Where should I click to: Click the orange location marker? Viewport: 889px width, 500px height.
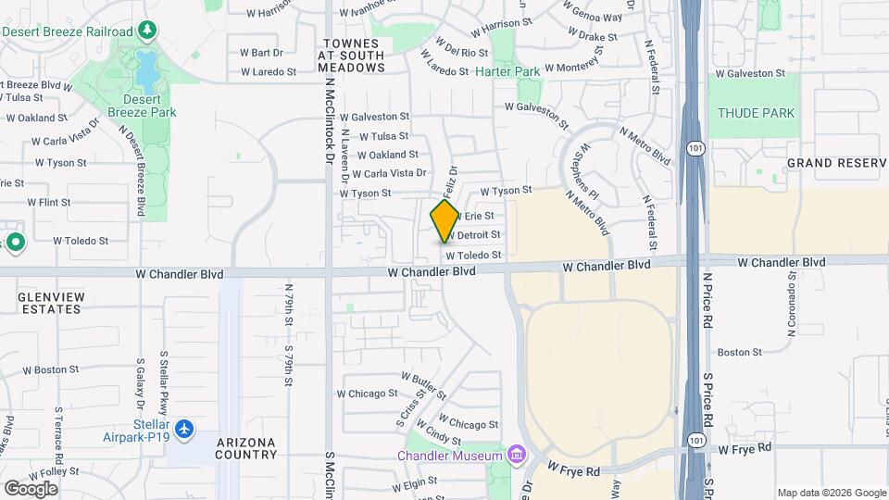click(444, 221)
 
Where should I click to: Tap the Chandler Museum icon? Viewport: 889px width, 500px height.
click(517, 455)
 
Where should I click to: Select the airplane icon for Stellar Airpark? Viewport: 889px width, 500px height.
click(184, 430)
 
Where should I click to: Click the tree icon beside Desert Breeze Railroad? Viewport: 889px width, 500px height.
click(147, 31)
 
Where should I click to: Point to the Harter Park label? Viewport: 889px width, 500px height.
click(507, 71)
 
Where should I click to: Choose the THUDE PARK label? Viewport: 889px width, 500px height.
click(756, 113)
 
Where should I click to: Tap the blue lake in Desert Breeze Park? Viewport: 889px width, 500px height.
click(145, 66)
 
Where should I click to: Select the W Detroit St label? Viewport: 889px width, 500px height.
click(475, 235)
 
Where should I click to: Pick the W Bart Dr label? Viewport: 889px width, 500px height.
click(260, 53)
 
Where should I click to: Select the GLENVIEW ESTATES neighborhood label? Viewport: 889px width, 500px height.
click(50, 304)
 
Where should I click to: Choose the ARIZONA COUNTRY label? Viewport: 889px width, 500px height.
click(246, 448)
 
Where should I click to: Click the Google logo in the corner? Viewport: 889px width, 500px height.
click(31, 488)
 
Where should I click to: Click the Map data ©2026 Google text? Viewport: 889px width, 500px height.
click(831, 493)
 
